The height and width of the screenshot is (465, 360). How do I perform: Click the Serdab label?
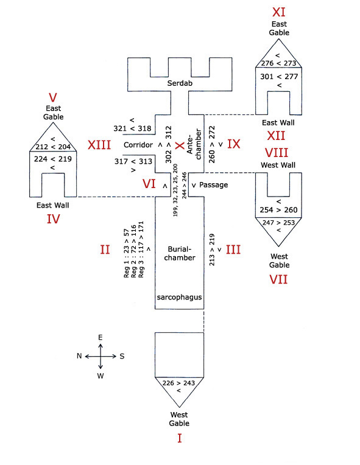180,83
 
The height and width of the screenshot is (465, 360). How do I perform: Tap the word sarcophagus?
179,297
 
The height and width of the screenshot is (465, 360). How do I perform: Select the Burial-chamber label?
180,253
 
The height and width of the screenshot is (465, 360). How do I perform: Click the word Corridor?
138,145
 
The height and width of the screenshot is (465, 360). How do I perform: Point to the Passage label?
214,185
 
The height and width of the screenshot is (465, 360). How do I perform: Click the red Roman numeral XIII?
99,145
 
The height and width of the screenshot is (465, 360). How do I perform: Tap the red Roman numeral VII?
278,279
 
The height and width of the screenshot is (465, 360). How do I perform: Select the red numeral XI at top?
279,12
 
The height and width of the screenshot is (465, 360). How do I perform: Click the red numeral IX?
233,144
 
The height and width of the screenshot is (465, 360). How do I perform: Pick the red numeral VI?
149,184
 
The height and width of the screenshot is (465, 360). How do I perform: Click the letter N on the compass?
79,356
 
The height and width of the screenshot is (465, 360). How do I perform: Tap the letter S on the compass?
122,356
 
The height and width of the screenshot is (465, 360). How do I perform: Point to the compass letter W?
101,376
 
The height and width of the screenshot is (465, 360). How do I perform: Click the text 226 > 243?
178,383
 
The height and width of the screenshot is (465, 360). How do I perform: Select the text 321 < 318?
132,128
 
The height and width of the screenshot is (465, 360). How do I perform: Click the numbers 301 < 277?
279,77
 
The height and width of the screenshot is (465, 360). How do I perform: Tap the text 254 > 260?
279,209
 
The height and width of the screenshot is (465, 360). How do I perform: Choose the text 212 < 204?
53,147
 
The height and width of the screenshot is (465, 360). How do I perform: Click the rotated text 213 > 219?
212,250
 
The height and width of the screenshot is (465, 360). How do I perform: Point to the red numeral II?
105,250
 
